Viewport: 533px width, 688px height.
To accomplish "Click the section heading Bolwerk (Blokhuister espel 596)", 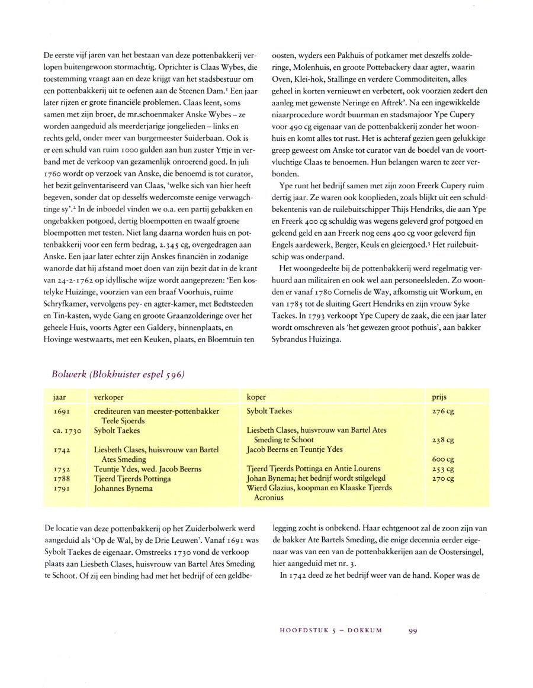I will pyautogui.click(x=118, y=374).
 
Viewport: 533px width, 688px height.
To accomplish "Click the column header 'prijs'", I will pyautogui.click(x=440, y=397).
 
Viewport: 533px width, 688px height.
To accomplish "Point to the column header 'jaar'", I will pyautogui.click(x=59, y=397).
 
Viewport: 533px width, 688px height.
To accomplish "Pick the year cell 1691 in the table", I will pyautogui.click(x=62, y=411).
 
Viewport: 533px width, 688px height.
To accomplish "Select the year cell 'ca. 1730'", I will pyautogui.click(x=66, y=430).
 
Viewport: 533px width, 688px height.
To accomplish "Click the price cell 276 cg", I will pyautogui.click(x=443, y=411).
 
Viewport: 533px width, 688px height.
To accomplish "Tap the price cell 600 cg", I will pyautogui.click(x=443, y=459).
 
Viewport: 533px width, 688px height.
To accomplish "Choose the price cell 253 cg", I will pyautogui.click(x=443, y=469).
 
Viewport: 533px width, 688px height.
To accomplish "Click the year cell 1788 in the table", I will pyautogui.click(x=62, y=478).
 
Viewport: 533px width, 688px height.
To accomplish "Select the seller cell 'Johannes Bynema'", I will pyautogui.click(x=123, y=488).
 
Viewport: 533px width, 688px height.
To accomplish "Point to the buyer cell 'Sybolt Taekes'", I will pyautogui.click(x=269, y=411).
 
